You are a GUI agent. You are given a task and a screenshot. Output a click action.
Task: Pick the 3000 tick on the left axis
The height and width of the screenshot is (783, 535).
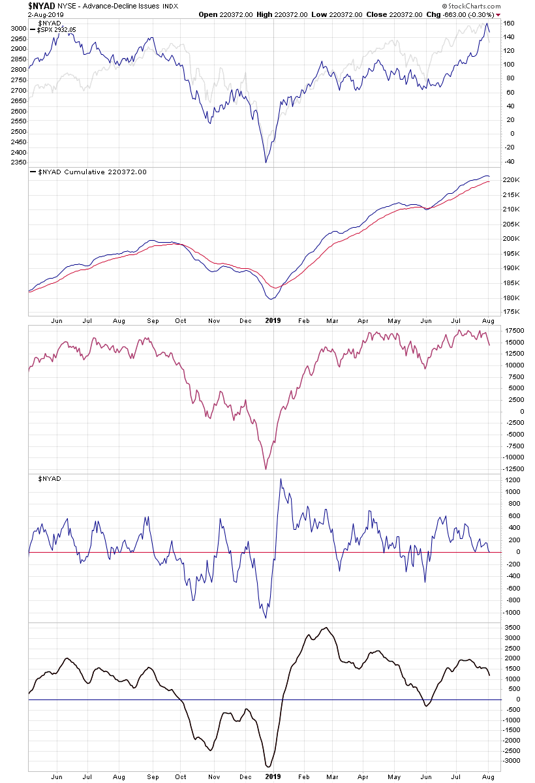coord(18,29)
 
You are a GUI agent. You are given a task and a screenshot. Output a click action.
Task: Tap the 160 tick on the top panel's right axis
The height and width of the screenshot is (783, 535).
coord(510,23)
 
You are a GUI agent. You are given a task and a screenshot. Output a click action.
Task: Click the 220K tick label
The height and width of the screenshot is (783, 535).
coord(512,179)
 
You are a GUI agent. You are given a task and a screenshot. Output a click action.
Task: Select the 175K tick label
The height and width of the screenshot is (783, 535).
coord(512,313)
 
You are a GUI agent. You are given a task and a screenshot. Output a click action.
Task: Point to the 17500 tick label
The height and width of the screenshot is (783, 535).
coord(513,331)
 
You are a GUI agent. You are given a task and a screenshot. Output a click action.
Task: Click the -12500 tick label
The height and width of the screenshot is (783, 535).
coord(513,468)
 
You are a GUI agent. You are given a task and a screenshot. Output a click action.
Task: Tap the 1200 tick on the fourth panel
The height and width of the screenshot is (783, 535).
coord(512,480)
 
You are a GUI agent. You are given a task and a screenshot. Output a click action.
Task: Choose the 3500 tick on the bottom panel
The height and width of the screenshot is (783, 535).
coord(512,627)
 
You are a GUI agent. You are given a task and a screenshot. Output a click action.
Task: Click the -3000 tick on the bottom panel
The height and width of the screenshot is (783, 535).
coord(513,761)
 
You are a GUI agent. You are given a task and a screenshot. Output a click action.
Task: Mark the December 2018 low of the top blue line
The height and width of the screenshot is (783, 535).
coord(266,162)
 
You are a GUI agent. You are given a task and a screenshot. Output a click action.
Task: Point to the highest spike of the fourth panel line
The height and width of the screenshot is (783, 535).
coord(281,480)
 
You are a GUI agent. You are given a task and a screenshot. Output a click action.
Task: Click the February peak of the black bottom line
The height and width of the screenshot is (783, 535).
coord(326,628)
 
